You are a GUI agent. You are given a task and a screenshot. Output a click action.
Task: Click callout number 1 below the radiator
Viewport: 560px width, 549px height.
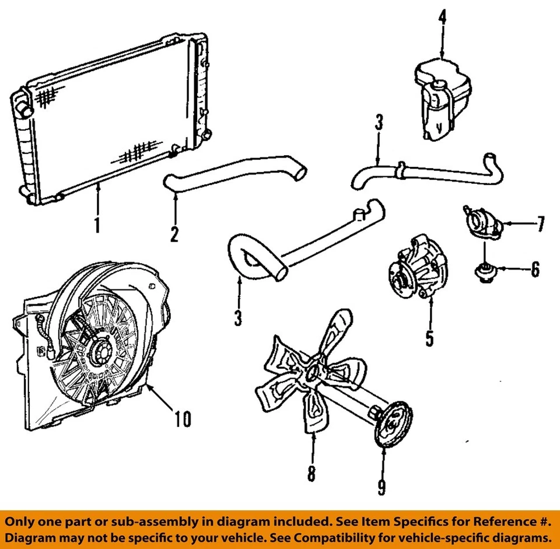[97, 223]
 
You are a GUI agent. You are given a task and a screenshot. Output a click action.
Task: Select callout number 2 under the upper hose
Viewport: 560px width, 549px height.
[174, 233]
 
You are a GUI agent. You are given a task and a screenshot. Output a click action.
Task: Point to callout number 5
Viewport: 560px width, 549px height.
[430, 337]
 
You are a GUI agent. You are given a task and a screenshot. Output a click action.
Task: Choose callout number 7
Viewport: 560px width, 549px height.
[540, 223]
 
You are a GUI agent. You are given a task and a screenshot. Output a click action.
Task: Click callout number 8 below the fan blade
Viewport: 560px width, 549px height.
[311, 471]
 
